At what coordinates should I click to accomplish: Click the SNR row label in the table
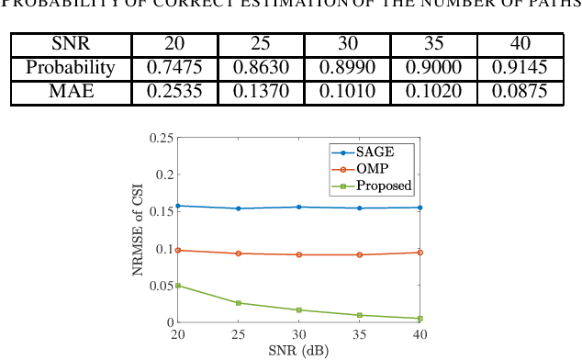[70, 45]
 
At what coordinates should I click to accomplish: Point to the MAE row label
[70, 91]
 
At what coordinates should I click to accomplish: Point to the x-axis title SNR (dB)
[299, 351]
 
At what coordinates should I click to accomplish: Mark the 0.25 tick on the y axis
[162, 138]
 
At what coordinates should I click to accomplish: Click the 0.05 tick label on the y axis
[162, 286]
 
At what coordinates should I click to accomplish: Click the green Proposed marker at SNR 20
[178, 286]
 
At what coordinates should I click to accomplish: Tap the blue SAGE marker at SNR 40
[420, 208]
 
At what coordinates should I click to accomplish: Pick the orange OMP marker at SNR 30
[299, 254]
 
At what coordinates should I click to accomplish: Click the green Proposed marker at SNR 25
[239, 303]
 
